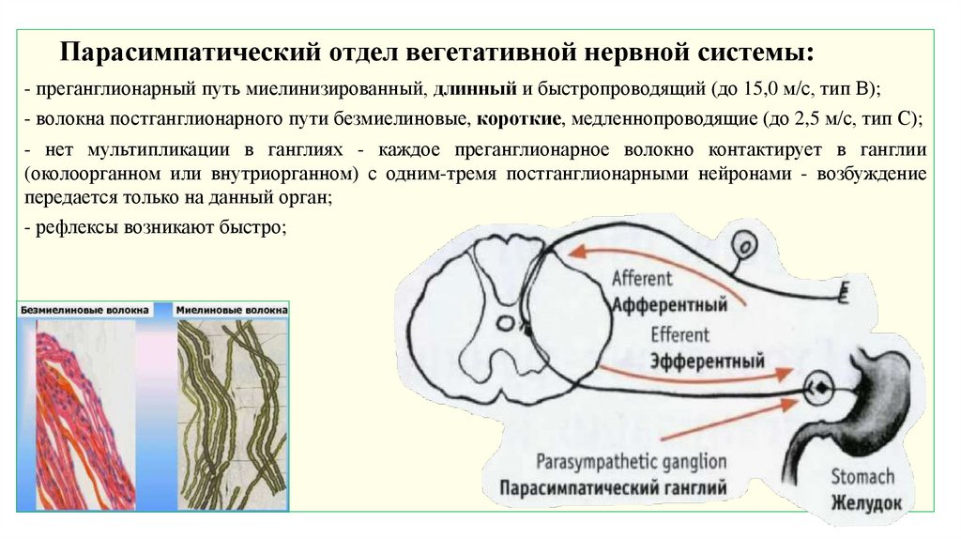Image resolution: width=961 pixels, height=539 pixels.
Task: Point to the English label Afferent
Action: coord(641,279)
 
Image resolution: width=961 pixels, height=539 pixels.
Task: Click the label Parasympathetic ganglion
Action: coord(632,462)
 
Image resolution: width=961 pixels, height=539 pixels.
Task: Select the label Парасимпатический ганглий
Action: coord(613,488)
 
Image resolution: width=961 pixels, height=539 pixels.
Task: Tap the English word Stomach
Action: coord(862,477)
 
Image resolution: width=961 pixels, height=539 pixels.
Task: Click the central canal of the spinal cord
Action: coord(503,324)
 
